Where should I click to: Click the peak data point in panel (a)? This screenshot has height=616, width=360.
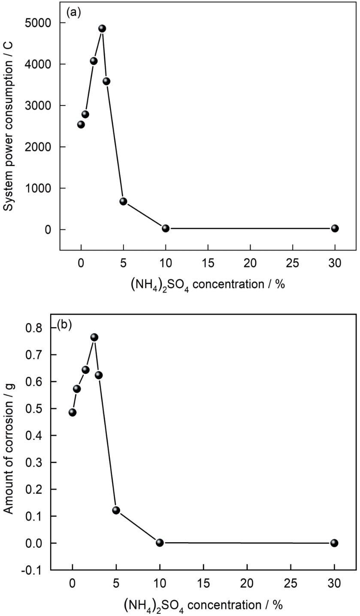point(102,28)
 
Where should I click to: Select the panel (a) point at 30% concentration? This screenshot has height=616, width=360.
point(335,228)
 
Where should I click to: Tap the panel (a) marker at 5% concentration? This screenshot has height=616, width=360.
point(123,201)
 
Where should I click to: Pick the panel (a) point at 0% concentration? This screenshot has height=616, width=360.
point(81,124)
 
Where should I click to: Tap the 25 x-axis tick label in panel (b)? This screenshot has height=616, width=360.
point(290,583)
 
